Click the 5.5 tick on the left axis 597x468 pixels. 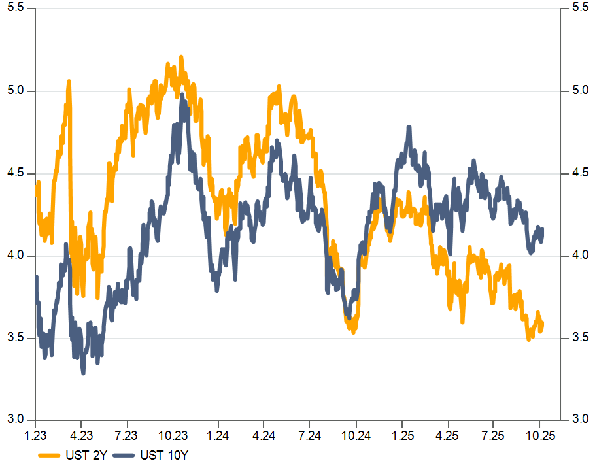point(15,8)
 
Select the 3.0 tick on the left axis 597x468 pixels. point(15,420)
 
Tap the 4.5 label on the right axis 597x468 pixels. point(579,173)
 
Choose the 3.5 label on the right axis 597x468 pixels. point(579,338)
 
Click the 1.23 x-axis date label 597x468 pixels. point(35,434)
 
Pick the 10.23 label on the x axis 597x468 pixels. point(171,434)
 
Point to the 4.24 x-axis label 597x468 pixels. point(264,434)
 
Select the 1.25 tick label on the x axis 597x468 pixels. point(403,434)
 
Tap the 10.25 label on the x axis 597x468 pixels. point(540,434)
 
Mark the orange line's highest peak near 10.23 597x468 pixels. point(181,58)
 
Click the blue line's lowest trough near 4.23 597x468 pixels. point(83,373)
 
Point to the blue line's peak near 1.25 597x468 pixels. point(409,127)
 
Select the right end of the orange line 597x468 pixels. point(543,323)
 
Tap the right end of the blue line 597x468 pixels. point(543,229)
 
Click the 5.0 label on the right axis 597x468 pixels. point(579,90)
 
